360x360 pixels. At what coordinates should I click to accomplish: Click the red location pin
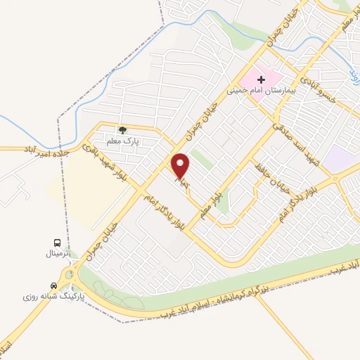[181, 166]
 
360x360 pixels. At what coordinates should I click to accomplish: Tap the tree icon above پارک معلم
[122, 130]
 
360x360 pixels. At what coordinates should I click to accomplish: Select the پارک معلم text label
[122, 141]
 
